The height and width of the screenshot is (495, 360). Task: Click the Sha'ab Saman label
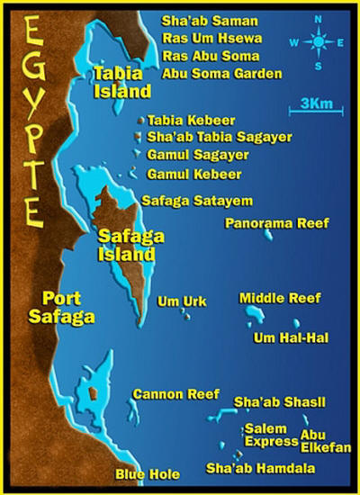[x=209, y=21]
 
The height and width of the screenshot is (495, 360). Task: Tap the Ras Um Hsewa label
[x=213, y=39]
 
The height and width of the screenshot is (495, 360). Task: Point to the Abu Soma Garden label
[x=221, y=75]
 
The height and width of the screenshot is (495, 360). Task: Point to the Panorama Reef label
[x=276, y=222]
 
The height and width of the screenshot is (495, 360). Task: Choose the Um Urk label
[x=175, y=301]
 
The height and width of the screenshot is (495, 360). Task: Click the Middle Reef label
[x=280, y=298]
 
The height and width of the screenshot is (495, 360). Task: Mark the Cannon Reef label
[x=175, y=394]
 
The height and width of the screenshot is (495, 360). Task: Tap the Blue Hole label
[x=147, y=474]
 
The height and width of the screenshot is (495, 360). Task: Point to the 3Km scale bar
[x=311, y=111]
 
